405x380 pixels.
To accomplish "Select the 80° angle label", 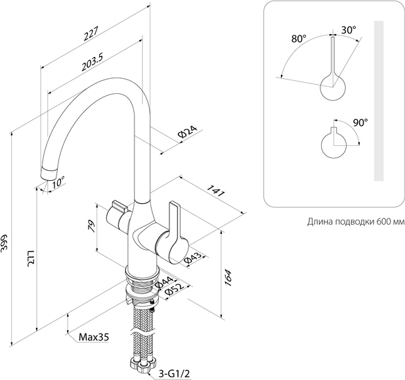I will coord(298,39).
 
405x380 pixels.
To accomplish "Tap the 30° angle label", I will coord(348,30).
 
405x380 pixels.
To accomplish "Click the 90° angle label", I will coord(360,122).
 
